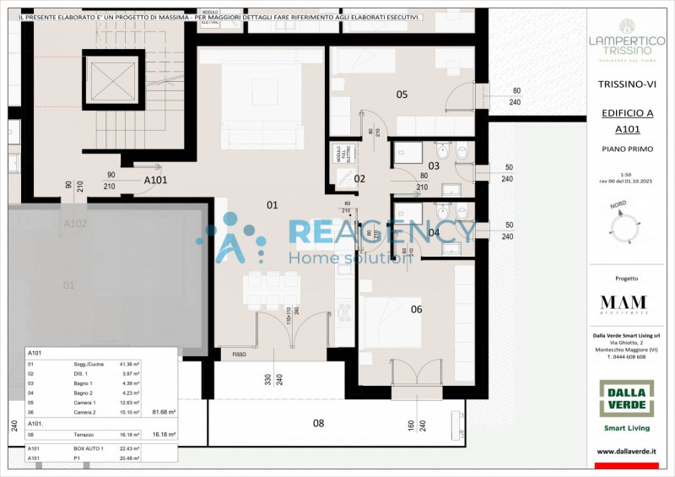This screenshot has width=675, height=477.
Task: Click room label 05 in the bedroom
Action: (402, 95)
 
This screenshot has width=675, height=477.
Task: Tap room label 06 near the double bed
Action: (416, 309)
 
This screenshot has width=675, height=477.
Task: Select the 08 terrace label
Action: (318, 422)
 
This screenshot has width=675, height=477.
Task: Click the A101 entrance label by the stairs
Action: (155, 181)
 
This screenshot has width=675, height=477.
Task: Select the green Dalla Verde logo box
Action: (626, 398)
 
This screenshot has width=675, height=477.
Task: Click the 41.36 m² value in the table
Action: (129, 363)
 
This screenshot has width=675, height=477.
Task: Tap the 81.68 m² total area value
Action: (163, 412)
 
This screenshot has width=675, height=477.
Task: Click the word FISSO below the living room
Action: (239, 355)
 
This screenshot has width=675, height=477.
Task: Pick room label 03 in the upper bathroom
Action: (434, 166)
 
